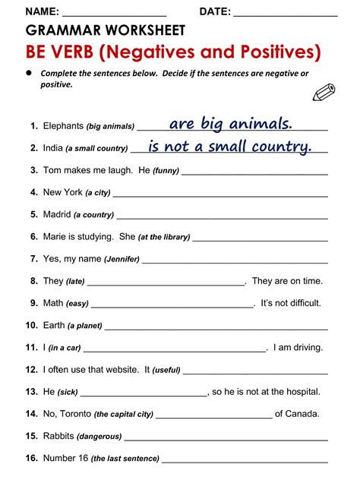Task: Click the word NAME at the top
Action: pyautogui.click(x=42, y=11)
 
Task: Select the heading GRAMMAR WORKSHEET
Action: pyautogui.click(x=106, y=30)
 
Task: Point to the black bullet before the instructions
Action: pyautogui.click(x=30, y=73)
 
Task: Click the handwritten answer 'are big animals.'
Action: pyautogui.click(x=230, y=123)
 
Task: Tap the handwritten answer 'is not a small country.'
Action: pyautogui.click(x=230, y=146)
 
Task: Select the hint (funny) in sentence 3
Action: pyautogui.click(x=166, y=171)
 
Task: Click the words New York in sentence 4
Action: pyautogui.click(x=62, y=193)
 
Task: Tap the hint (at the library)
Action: pyautogui.click(x=164, y=237)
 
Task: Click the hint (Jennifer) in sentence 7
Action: pyautogui.click(x=122, y=259)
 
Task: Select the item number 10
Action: pyautogui.click(x=31, y=326)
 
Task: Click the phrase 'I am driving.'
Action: pyautogui.click(x=298, y=348)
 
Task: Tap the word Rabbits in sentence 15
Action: pyautogui.click(x=59, y=436)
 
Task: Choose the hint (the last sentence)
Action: pyautogui.click(x=125, y=459)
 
